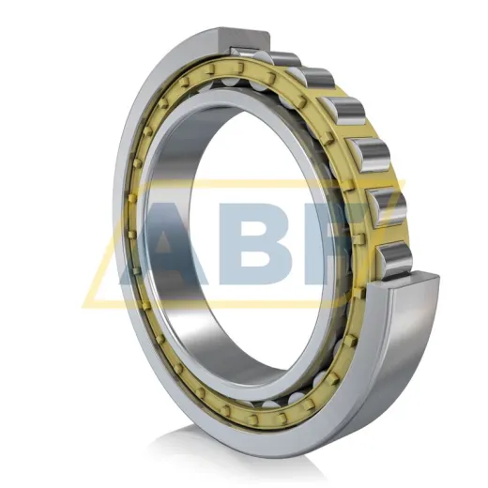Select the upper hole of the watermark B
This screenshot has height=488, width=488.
255,224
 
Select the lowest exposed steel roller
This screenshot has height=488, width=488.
395,258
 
